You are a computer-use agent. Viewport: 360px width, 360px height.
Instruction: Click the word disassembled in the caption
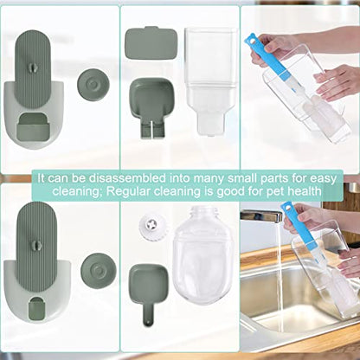tap(127, 178)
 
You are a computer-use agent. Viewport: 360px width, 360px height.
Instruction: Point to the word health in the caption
tap(303, 191)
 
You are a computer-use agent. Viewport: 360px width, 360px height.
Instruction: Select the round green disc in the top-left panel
tap(93, 84)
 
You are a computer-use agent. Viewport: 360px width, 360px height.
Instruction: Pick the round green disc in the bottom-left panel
tap(99, 271)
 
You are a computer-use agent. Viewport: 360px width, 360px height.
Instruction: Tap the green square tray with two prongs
tap(151, 107)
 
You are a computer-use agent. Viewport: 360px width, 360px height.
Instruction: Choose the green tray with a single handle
tap(148, 287)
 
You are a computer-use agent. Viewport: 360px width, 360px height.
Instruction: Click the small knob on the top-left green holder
tap(33, 67)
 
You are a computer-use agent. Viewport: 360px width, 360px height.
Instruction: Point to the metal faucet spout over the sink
tap(260, 216)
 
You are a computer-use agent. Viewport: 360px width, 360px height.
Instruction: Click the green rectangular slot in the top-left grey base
tap(33, 127)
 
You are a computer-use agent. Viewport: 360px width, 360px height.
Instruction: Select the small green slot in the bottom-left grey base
tap(37, 309)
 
